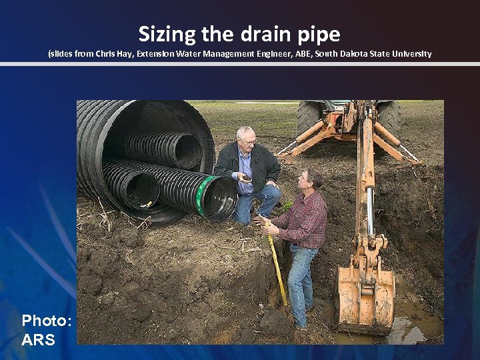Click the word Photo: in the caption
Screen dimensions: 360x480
point(46,321)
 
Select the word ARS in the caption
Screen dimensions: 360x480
point(39,340)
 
